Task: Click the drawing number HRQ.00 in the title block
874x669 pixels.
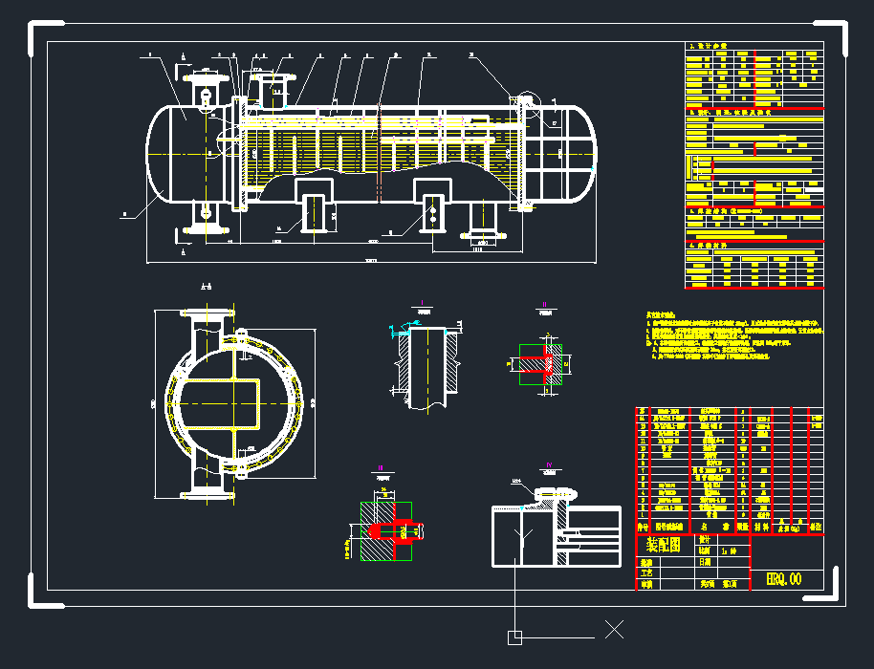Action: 784,578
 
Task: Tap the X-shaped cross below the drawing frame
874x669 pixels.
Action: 614,629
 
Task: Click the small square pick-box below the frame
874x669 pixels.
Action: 514,637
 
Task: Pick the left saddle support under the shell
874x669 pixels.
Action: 314,205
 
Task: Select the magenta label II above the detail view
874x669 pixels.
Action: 544,303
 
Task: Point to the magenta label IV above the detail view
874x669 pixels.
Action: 549,465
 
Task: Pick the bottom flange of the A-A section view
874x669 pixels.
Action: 208,493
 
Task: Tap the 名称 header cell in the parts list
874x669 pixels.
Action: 703,526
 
